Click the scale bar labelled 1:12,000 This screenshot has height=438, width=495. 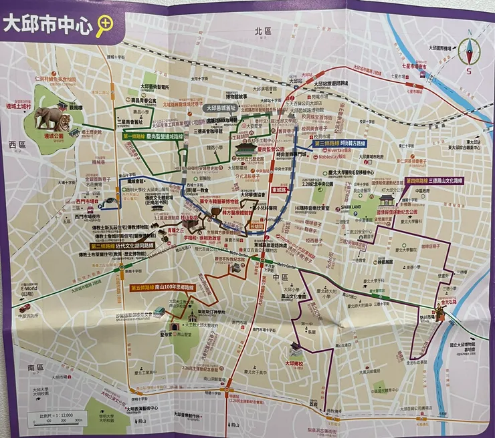pos(56,418)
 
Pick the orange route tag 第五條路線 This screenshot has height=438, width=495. pos(143,287)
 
